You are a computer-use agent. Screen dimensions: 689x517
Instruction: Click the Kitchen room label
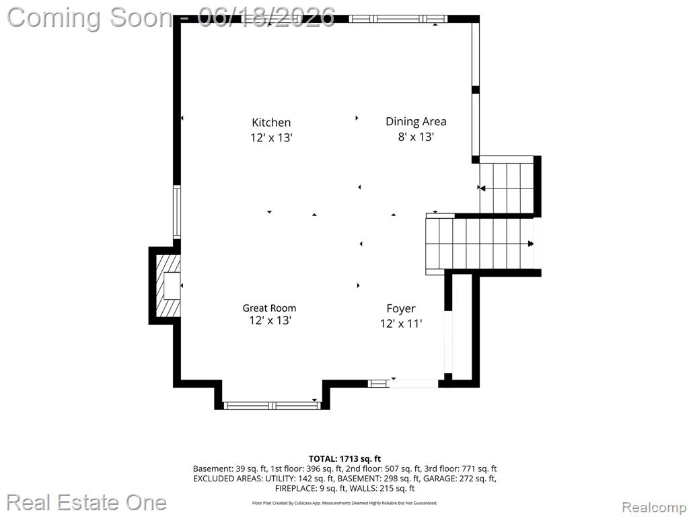coord(271,123)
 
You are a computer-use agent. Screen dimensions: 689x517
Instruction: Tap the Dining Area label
coord(416,121)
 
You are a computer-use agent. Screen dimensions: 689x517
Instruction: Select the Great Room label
coord(269,308)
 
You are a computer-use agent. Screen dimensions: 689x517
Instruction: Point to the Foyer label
coord(401,309)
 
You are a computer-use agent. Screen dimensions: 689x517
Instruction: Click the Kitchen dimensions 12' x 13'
coord(271,137)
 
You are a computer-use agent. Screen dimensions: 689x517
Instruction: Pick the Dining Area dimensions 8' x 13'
coord(416,137)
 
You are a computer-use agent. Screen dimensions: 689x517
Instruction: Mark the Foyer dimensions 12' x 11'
coord(401,324)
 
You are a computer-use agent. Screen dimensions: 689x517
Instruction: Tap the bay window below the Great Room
coord(272,405)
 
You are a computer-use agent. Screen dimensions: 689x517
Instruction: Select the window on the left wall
coord(177,212)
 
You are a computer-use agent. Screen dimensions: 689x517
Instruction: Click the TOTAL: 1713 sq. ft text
coord(344,459)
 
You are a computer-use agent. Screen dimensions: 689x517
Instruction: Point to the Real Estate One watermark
coord(86,502)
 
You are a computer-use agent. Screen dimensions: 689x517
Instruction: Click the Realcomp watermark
coord(654,507)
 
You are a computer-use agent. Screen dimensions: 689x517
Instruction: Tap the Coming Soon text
coord(90,18)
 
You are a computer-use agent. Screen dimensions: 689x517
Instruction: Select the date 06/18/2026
coord(266,18)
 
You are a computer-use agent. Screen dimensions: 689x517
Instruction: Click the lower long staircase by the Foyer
coord(480,244)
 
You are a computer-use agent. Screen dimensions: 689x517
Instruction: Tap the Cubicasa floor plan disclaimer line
coord(344,503)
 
